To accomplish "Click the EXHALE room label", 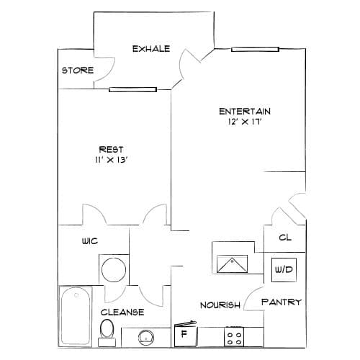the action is tap(151, 49).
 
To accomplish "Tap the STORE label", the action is tap(78, 71).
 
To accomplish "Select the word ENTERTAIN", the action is tap(245, 112).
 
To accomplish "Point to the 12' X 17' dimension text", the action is tap(245, 122).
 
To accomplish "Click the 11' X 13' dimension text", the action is tap(111, 160).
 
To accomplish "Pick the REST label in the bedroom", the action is tap(111, 149).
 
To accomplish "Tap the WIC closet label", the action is tap(90, 240).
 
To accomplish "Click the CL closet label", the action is tap(285, 238).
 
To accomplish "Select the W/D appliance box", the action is tap(284, 270).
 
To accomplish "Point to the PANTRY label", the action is tap(282, 302).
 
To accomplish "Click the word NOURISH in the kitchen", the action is tap(220, 305).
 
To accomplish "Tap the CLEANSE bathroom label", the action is tap(122, 312).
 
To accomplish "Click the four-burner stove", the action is tap(234, 336).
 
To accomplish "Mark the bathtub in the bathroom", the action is tap(76, 316).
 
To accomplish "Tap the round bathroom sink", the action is tap(146, 337).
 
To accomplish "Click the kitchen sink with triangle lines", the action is tap(232, 264).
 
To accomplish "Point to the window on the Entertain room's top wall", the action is tap(255, 50).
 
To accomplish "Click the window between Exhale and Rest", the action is tap(132, 89).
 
